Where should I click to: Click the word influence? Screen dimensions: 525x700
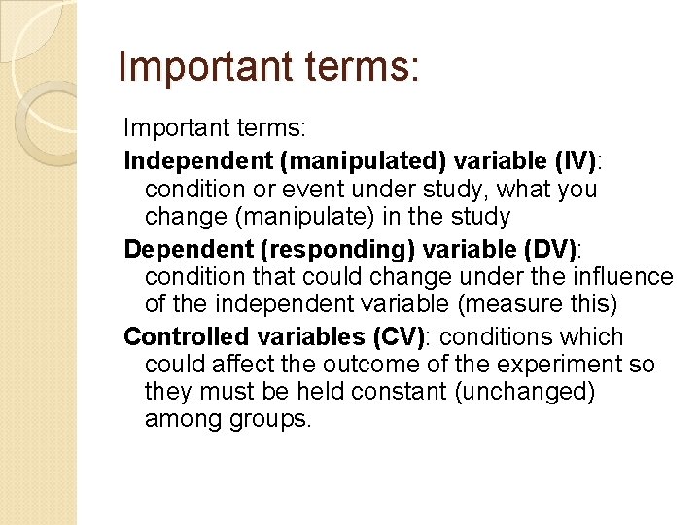(624, 277)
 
